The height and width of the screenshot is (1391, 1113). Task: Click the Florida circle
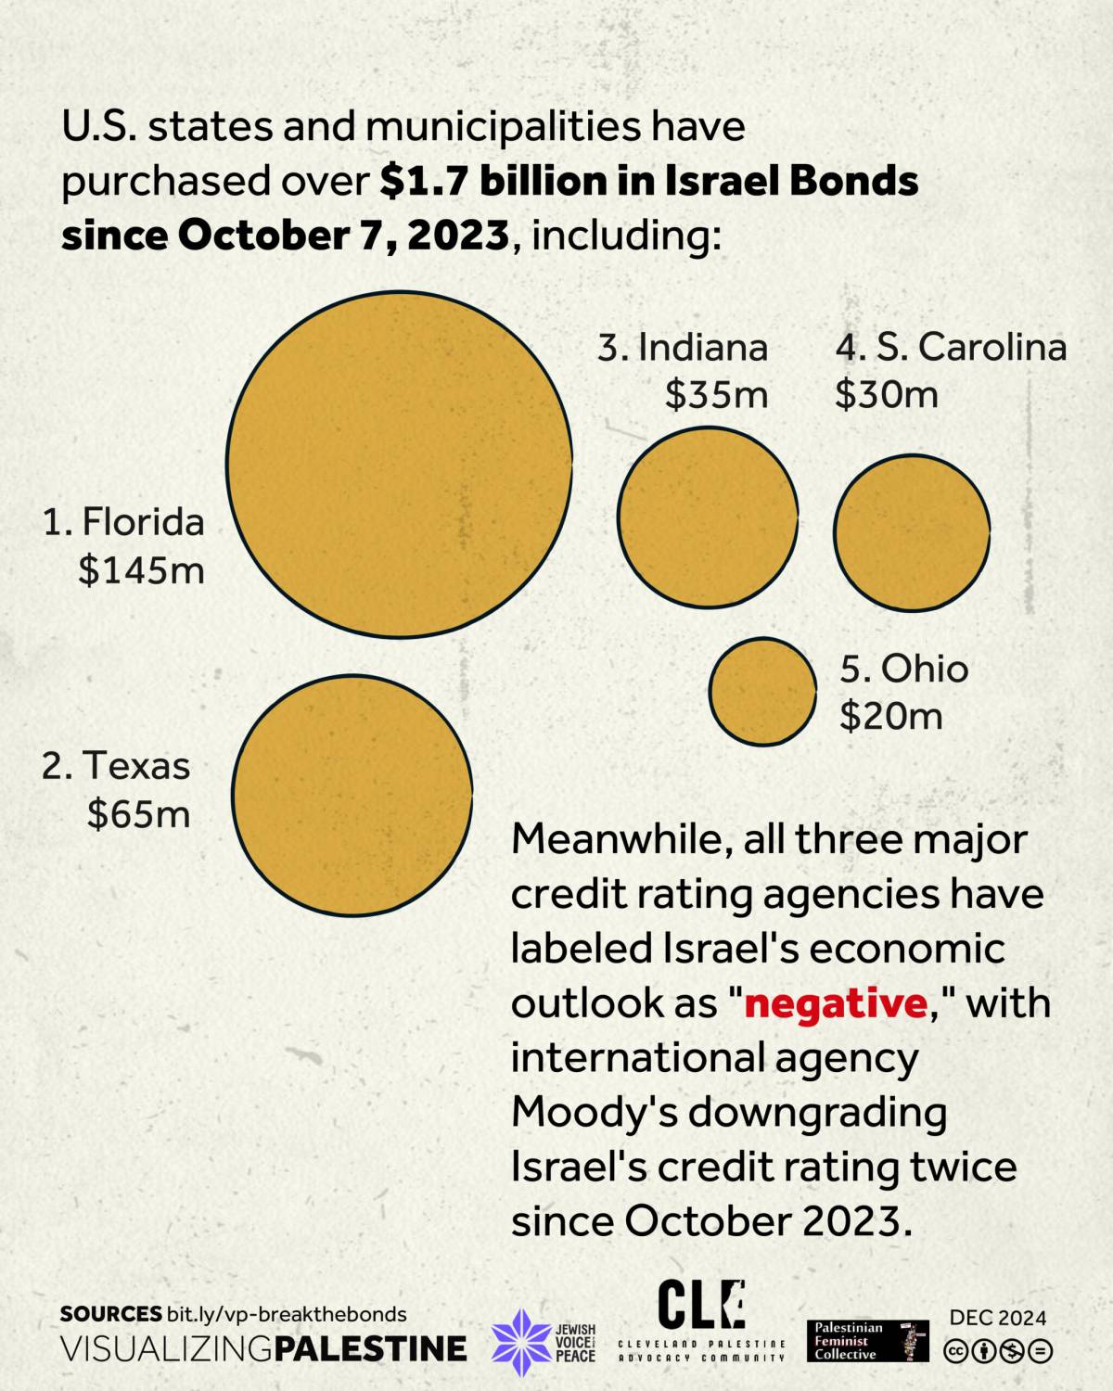[x=399, y=465]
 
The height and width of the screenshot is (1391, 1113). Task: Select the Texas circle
[x=352, y=795]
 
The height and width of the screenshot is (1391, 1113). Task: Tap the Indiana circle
[x=708, y=517]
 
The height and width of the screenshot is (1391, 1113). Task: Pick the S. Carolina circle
[x=911, y=532]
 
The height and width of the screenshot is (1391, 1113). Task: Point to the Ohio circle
[x=762, y=691]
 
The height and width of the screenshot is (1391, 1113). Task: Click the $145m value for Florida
[x=141, y=569]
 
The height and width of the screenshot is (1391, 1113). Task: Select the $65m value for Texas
[x=139, y=813]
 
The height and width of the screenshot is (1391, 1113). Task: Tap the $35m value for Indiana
[x=716, y=395]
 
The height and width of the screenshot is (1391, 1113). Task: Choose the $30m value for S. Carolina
[x=887, y=395]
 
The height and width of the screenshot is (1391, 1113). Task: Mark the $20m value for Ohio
[x=891, y=716]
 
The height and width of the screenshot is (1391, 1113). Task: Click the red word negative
[x=835, y=1003]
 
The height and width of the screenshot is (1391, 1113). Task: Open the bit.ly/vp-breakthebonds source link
[x=287, y=1314]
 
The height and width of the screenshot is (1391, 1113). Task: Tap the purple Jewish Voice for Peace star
[x=521, y=1342]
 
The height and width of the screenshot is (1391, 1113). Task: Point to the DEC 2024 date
[x=998, y=1318]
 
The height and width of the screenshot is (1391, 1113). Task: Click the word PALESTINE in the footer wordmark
[x=372, y=1348]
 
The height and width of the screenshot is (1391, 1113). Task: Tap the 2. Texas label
[x=116, y=766]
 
